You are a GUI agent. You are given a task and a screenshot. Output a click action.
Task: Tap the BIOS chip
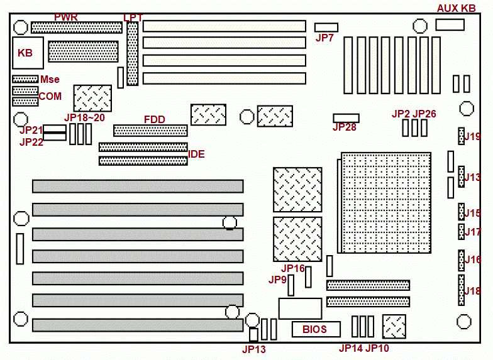pos(315,329)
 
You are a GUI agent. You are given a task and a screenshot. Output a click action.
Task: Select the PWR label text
pos(66,17)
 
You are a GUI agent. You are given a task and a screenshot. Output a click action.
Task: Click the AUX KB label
pos(456,8)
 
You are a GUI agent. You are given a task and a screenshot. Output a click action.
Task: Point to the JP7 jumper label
pos(324,38)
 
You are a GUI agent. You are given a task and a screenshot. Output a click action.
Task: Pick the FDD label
pos(155,119)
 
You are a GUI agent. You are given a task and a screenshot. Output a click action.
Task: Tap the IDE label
pos(197,153)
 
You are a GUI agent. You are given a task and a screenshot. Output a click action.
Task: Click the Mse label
pos(50,80)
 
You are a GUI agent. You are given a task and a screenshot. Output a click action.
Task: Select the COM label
pos(51,96)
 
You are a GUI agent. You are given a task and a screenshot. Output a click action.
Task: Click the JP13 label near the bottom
pos(255,349)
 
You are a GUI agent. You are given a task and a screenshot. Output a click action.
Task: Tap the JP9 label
pos(278,279)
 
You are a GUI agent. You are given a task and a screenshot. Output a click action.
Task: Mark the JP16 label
pos(293,268)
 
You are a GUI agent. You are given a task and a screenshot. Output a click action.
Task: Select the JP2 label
pos(401,114)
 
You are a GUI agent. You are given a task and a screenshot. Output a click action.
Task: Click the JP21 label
pos(31,129)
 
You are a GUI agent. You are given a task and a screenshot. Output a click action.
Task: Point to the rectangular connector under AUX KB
pos(450,25)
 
